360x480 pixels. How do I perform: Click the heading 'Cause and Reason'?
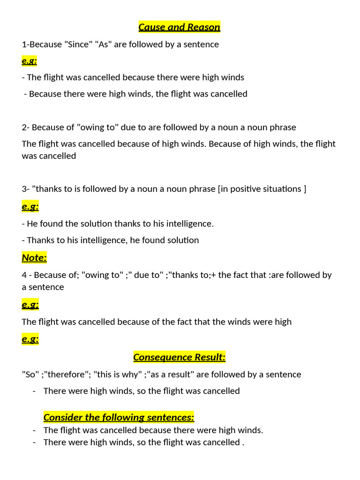coord(179,27)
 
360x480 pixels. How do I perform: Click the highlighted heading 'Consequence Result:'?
coord(179,357)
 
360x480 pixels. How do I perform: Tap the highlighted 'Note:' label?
coord(34,257)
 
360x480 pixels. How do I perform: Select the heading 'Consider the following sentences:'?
coord(119,417)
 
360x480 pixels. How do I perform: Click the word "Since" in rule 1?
coord(78,45)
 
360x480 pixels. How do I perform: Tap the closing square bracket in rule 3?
coord(305,189)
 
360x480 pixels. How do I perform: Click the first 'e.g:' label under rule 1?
coord(30,61)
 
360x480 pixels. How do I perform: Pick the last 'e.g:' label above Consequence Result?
coord(30,339)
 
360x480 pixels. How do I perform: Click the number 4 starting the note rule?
coord(24,275)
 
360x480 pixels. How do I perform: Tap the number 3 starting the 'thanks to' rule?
coord(24,189)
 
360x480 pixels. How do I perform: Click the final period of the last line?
coord(243,442)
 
